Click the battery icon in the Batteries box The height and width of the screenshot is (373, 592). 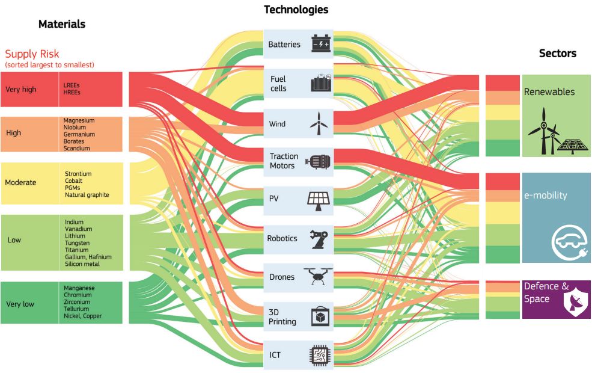322,43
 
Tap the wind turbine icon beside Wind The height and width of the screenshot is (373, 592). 319,123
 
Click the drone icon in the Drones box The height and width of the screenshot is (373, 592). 318,276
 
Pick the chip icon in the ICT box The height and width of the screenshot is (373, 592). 319,355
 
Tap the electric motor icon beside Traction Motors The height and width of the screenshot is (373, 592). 318,162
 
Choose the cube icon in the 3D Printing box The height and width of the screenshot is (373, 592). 320,316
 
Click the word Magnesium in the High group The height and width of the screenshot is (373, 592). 79,120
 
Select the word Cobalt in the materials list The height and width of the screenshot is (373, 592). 73,180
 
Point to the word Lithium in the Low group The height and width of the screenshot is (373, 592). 75,236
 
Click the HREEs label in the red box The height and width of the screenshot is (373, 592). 72,92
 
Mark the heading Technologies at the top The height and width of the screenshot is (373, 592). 296,10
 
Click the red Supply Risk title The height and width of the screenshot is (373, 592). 32,54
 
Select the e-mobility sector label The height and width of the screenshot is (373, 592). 546,195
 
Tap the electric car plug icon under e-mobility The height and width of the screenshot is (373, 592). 570,242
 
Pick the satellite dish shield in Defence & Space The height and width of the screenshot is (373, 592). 576,301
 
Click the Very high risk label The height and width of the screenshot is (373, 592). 21,90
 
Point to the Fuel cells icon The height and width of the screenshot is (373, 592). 321,83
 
